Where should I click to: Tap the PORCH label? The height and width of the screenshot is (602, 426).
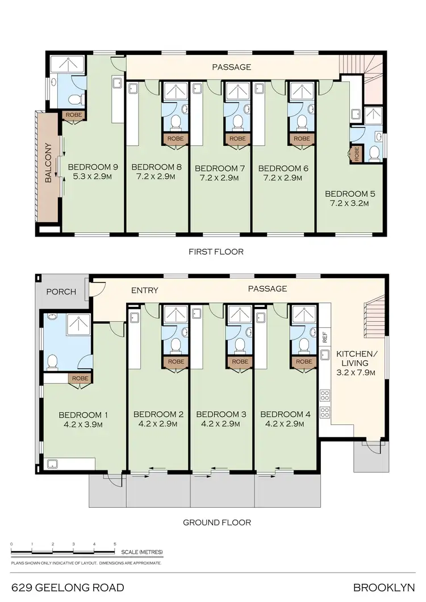click(x=61, y=292)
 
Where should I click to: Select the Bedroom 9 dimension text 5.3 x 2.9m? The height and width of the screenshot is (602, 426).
click(x=93, y=177)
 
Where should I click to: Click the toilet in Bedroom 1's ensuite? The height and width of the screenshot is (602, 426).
click(x=53, y=361)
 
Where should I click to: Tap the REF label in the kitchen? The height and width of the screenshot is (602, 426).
click(x=325, y=336)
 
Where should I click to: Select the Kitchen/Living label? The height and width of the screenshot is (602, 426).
click(x=352, y=358)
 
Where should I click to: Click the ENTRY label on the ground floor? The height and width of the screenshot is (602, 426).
click(x=144, y=291)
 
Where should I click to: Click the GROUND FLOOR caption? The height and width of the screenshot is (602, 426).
click(x=217, y=523)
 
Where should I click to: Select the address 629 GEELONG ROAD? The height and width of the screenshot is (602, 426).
click(x=67, y=587)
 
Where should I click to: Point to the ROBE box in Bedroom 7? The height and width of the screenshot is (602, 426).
click(x=238, y=138)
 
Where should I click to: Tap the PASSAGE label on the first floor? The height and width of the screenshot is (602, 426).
click(x=231, y=67)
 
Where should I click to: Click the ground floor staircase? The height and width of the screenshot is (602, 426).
click(x=373, y=319)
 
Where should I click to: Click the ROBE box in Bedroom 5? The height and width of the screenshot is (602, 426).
click(x=357, y=154)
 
